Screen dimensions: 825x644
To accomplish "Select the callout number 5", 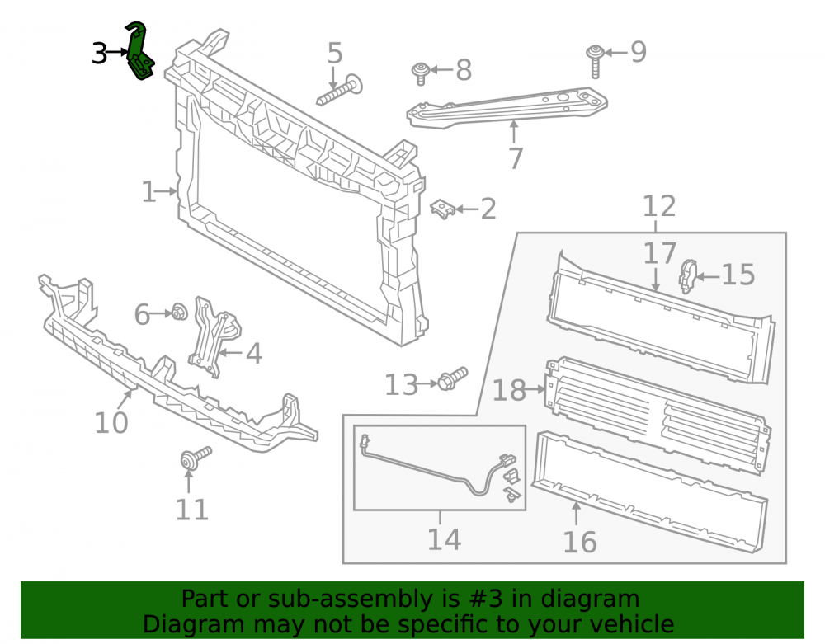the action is tap(335, 53).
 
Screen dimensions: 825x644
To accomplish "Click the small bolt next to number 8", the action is tap(421, 73).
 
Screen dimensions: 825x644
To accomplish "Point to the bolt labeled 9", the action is tap(595, 60).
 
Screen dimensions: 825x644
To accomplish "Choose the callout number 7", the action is tap(516, 158).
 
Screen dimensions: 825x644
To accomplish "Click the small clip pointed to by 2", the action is tap(443, 209).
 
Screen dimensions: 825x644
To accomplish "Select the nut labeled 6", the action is tap(179, 313).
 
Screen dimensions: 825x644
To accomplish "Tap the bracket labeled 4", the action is tap(214, 336).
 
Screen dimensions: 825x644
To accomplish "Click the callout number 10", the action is tap(111, 423).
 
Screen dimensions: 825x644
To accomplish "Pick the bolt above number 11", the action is tap(196, 458).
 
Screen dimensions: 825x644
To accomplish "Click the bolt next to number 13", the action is tap(452, 378).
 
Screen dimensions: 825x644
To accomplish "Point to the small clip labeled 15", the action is tap(687, 275).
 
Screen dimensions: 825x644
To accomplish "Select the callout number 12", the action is tap(659, 206).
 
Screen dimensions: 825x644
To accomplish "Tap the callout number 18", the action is tap(509, 391).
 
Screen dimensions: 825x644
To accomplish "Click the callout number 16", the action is tap(580, 542).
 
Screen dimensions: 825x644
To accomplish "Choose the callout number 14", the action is tap(444, 539).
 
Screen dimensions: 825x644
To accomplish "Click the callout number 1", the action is tap(148, 192).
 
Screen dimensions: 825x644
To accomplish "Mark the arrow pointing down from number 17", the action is tap(656, 280).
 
